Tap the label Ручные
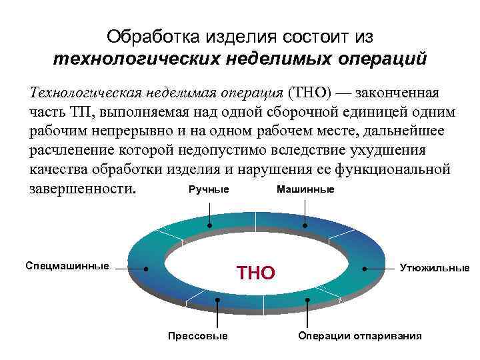click(x=209, y=190)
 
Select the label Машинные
click(x=305, y=190)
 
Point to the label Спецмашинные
click(x=67, y=266)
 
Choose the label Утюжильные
click(x=434, y=268)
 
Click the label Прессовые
click(x=197, y=335)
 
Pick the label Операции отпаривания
click(x=359, y=335)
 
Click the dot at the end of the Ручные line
click(x=210, y=227)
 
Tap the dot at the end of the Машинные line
click(x=305, y=227)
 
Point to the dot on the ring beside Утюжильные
click(x=365, y=269)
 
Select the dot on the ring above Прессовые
click(x=217, y=301)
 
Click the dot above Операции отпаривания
click(x=307, y=301)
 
